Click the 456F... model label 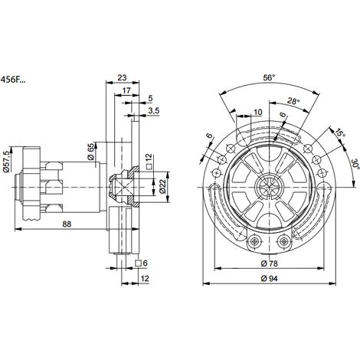pyautogui.click(x=13, y=80)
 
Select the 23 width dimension pyautogui.click(x=122, y=77)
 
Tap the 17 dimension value pyautogui.click(x=126, y=90)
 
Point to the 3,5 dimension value pyautogui.click(x=154, y=110)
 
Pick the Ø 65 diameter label pyautogui.click(x=90, y=152)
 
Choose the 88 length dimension pyautogui.click(x=67, y=224)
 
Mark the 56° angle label pyautogui.click(x=270, y=77)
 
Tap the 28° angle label pyautogui.click(x=293, y=101)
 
